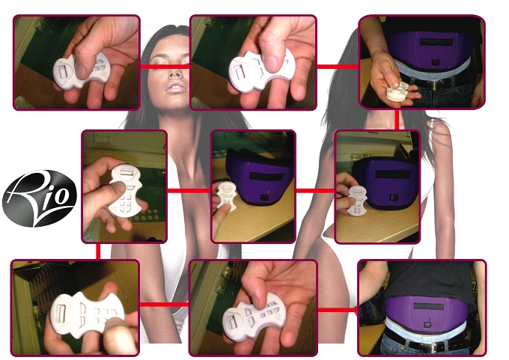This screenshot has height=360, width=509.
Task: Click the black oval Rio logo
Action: [x=39, y=198]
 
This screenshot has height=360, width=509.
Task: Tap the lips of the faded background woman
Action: [x=176, y=87]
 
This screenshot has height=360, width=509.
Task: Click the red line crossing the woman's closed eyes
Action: [x=165, y=67]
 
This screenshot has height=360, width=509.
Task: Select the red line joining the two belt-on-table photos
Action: [x=315, y=191]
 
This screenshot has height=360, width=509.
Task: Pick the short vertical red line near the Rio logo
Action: [x=98, y=251]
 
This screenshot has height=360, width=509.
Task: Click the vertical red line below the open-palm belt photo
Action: [x=397, y=120]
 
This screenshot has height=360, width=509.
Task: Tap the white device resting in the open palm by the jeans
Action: [x=397, y=91]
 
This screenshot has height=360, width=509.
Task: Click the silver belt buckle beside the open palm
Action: [x=434, y=85]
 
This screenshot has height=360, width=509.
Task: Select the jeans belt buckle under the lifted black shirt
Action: [x=429, y=347]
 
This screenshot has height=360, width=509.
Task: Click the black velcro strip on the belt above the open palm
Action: [x=436, y=42]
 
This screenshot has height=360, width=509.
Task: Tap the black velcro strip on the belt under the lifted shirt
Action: [x=429, y=306]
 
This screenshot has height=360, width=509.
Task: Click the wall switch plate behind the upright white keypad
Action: [x=103, y=137]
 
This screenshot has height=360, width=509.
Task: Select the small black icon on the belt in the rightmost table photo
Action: [x=393, y=196]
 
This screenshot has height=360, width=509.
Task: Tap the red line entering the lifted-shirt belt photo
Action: [x=338, y=310]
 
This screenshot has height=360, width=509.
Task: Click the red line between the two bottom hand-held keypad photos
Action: [x=164, y=305]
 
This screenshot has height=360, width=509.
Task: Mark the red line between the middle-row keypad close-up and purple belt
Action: [x=189, y=191]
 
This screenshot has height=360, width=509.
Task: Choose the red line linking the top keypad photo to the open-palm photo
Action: [x=338, y=67]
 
